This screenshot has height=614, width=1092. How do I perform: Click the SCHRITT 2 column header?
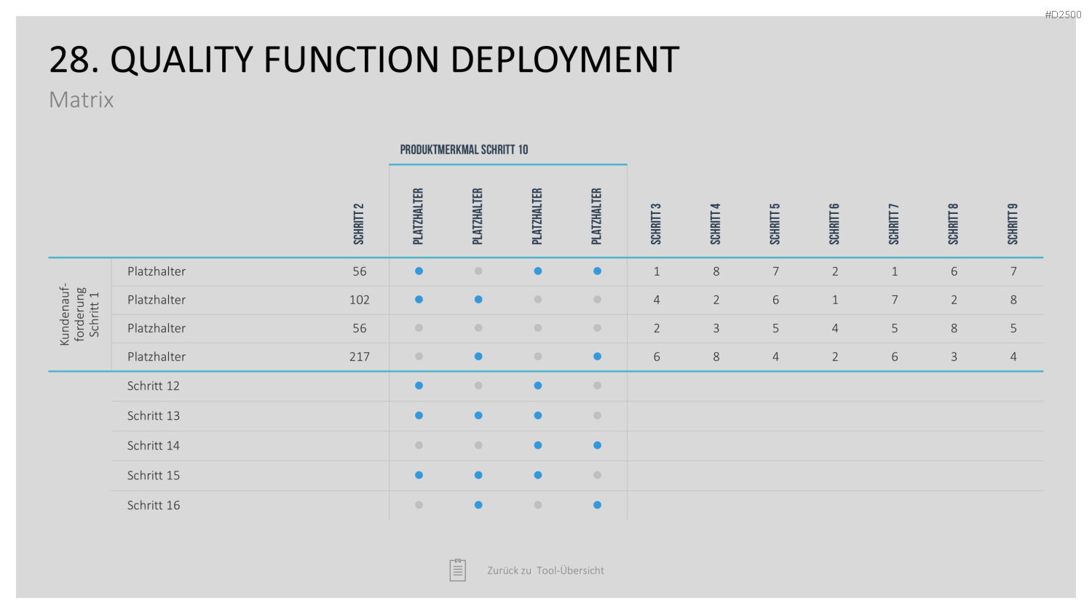point(359,224)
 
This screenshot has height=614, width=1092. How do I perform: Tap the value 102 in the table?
point(360,300)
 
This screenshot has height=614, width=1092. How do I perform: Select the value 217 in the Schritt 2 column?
point(360,356)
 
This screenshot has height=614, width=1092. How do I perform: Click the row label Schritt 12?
point(153,386)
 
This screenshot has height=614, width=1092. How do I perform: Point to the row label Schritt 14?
point(153,445)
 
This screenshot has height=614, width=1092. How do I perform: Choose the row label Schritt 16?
point(153,506)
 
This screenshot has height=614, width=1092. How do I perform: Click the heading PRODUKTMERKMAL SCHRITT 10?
point(464,150)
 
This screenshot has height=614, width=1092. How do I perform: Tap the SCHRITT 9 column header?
point(1013,224)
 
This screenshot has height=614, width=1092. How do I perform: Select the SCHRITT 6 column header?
point(834,224)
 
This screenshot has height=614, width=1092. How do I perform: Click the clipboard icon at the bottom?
point(458,570)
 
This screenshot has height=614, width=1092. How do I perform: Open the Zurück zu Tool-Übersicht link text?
point(545,570)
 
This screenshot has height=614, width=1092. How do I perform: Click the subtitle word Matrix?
point(82,100)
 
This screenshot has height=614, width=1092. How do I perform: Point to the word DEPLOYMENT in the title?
point(564,60)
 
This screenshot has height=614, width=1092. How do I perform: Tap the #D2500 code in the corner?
point(1063,15)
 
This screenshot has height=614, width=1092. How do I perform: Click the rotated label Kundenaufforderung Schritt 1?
point(79,314)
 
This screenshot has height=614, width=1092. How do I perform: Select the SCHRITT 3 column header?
point(656,224)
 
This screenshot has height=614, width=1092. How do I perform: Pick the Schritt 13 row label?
point(153,415)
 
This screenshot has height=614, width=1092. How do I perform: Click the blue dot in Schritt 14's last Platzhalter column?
point(597,445)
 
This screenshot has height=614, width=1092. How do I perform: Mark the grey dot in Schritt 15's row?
point(597,475)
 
